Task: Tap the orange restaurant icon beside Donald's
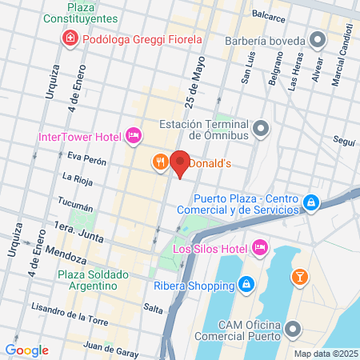[161, 162]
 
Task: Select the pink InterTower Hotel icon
[134, 136]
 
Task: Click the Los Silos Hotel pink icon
[259, 248]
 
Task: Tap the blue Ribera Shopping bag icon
[247, 284]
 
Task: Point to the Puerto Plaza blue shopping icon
[313, 205]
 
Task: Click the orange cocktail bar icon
[299, 277]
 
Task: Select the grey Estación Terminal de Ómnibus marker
[260, 128]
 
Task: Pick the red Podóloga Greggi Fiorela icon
[70, 38]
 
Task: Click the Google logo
[26, 350]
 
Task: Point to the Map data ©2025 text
[325, 353]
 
